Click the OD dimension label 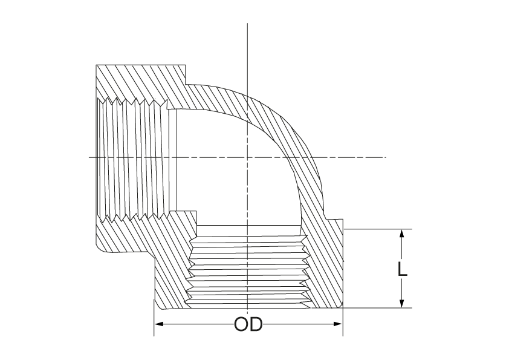click(x=248, y=324)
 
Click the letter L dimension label click(x=402, y=269)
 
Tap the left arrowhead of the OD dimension click(x=159, y=324)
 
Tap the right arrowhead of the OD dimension click(x=338, y=324)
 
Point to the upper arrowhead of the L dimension click(x=402, y=234)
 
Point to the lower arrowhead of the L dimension click(x=402, y=303)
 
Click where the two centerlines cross click(x=247, y=157)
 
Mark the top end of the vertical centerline click(x=247, y=24)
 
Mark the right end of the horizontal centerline click(x=386, y=157)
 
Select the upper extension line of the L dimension click(x=378, y=229)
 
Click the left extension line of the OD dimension click(x=154, y=318)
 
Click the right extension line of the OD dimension click(x=343, y=321)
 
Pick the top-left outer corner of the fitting click(x=96, y=65)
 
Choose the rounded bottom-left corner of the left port click(x=99, y=249)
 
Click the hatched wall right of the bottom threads click(x=325, y=266)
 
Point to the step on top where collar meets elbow click(x=186, y=84)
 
